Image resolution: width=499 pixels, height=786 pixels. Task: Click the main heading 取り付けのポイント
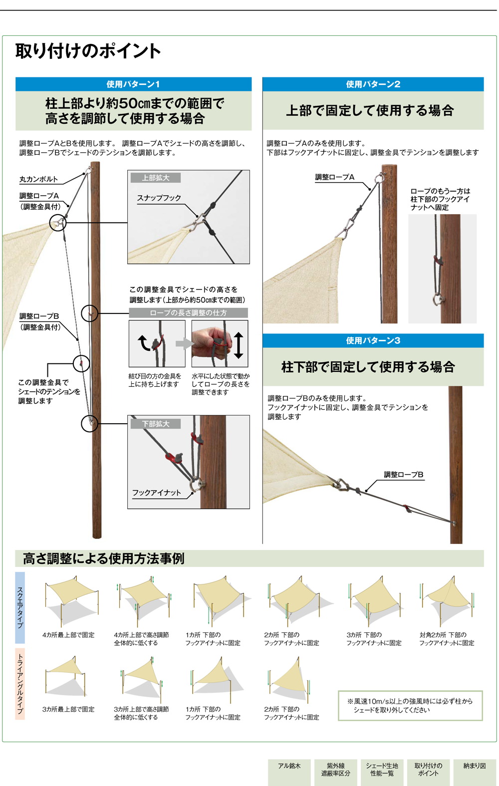pos(88,51)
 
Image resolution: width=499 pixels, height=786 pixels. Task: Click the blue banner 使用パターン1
pos(133,84)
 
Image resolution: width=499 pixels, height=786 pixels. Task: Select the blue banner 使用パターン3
pos(373,340)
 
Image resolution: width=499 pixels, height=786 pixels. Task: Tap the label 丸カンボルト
pos(38,179)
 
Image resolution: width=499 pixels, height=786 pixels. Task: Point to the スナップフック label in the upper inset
pos(159,198)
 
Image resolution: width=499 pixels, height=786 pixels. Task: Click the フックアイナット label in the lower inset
pos(156,493)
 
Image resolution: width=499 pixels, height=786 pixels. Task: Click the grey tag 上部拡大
pos(155,178)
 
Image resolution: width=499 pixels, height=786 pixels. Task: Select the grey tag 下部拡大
pos(155,424)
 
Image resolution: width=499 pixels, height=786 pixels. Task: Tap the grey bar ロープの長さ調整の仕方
pos(188,313)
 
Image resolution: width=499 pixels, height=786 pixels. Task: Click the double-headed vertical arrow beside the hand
pos(239,345)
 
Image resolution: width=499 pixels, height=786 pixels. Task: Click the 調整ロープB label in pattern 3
pos(403,475)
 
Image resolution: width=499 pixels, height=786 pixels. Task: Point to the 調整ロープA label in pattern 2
pos(334,177)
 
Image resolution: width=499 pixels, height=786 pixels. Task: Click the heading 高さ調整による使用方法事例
pos(104,558)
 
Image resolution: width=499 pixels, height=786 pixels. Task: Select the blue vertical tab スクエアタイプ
pos(20,607)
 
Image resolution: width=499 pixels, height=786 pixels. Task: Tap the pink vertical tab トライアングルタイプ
pos(20,683)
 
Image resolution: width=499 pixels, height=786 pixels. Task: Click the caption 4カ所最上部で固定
pos(68,635)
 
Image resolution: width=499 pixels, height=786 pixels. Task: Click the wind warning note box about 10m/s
pos(410,705)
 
